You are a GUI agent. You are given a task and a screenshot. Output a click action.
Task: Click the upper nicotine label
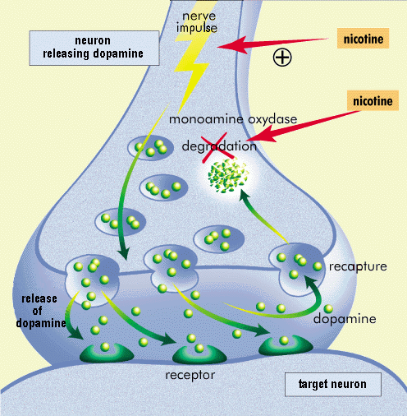tap(363, 39)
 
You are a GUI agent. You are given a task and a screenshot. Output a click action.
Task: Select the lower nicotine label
tap(373, 100)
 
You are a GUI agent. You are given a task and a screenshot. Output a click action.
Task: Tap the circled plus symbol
tap(282, 58)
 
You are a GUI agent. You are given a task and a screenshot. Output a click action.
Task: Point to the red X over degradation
tap(218, 147)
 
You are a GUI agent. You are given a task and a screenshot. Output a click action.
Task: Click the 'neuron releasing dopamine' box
tap(94, 48)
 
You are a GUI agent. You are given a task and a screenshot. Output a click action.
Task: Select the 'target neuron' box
tap(333, 384)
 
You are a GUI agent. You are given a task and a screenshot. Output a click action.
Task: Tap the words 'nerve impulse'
tap(197, 22)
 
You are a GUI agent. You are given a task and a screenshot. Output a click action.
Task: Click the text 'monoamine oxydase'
tap(233, 119)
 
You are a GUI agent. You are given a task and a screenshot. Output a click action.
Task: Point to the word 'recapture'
tap(358, 266)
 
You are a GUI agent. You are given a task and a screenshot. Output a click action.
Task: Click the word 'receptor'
tap(190, 375)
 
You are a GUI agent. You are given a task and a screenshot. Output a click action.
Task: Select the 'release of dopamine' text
tap(40, 311)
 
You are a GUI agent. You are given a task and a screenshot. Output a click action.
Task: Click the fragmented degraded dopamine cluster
tap(228, 175)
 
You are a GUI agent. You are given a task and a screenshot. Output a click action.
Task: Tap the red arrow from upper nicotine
tap(272, 44)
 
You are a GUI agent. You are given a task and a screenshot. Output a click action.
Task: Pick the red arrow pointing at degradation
tap(304, 126)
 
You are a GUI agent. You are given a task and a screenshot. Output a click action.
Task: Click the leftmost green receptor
tap(107, 354)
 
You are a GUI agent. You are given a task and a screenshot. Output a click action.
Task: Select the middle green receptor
tap(199, 355)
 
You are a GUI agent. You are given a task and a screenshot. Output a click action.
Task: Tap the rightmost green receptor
tap(286, 346)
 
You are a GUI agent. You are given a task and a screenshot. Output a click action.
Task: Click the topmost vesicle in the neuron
tap(151, 147)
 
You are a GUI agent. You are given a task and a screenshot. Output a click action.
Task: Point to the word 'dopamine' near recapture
tap(345, 319)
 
